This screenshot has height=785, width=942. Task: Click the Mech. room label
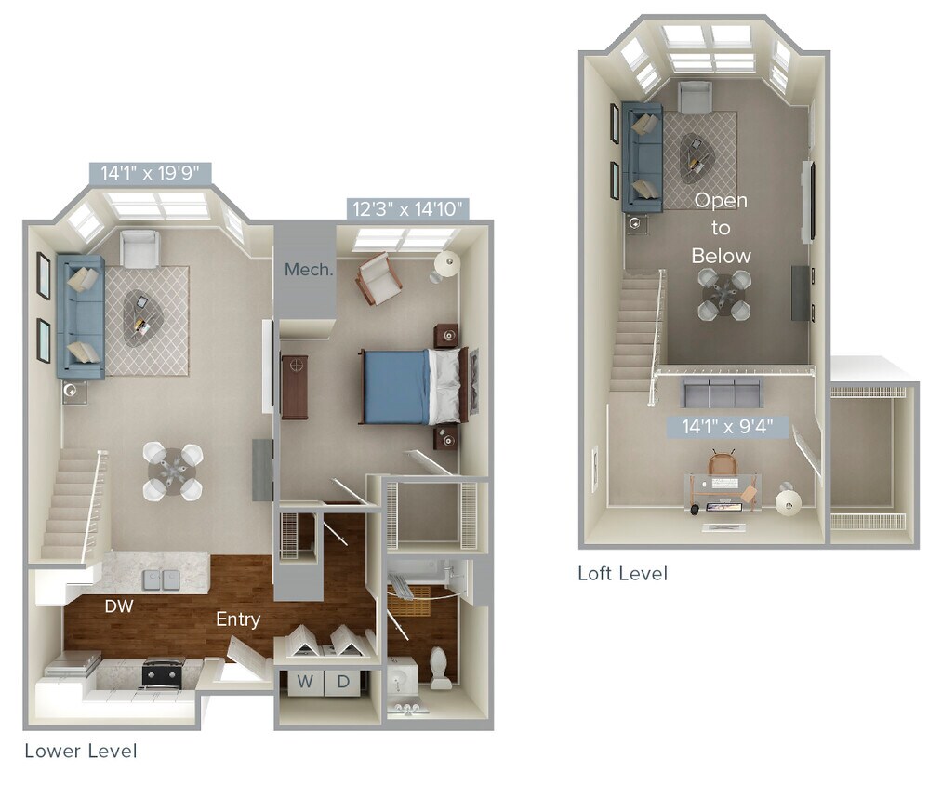309,270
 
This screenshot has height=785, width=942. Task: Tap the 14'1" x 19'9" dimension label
151,172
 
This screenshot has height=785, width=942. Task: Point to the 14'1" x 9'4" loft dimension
728,427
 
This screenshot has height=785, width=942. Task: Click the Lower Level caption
80,751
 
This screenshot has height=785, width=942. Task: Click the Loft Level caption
622,573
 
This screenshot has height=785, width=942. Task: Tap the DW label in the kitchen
117,606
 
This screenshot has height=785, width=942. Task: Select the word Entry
238,619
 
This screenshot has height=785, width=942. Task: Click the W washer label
305,682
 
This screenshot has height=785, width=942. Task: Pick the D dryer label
343,682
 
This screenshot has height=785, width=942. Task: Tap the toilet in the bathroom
440,668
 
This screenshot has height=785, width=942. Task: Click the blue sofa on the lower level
80,316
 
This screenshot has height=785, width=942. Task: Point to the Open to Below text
722,228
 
